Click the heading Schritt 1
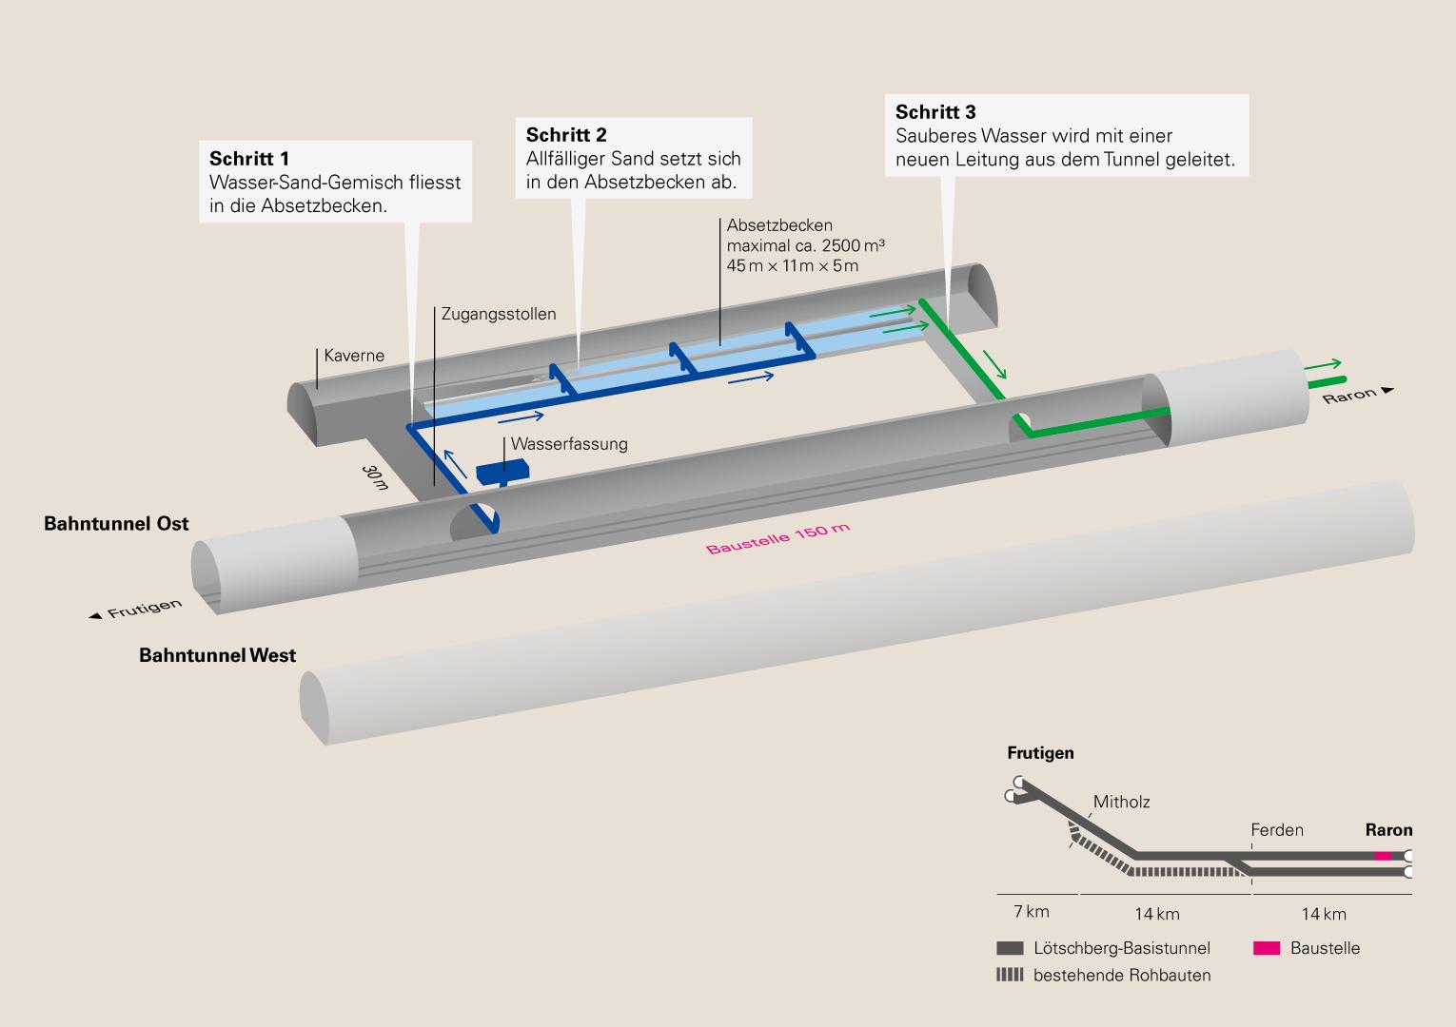click(249, 159)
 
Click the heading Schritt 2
click(566, 135)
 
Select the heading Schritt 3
click(935, 112)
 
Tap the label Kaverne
click(354, 356)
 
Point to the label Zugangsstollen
click(499, 314)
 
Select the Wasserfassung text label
click(569, 444)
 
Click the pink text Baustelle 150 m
click(777, 538)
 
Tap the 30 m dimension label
click(375, 477)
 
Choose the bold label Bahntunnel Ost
click(116, 524)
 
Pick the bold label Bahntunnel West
click(217, 655)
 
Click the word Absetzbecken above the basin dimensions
click(779, 225)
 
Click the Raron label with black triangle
click(1357, 394)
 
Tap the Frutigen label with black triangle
click(136, 610)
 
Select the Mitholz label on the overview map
click(1121, 802)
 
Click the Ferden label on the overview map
click(1277, 830)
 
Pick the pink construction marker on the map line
click(1383, 856)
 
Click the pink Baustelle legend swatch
click(1268, 948)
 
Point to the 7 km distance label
click(1032, 912)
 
